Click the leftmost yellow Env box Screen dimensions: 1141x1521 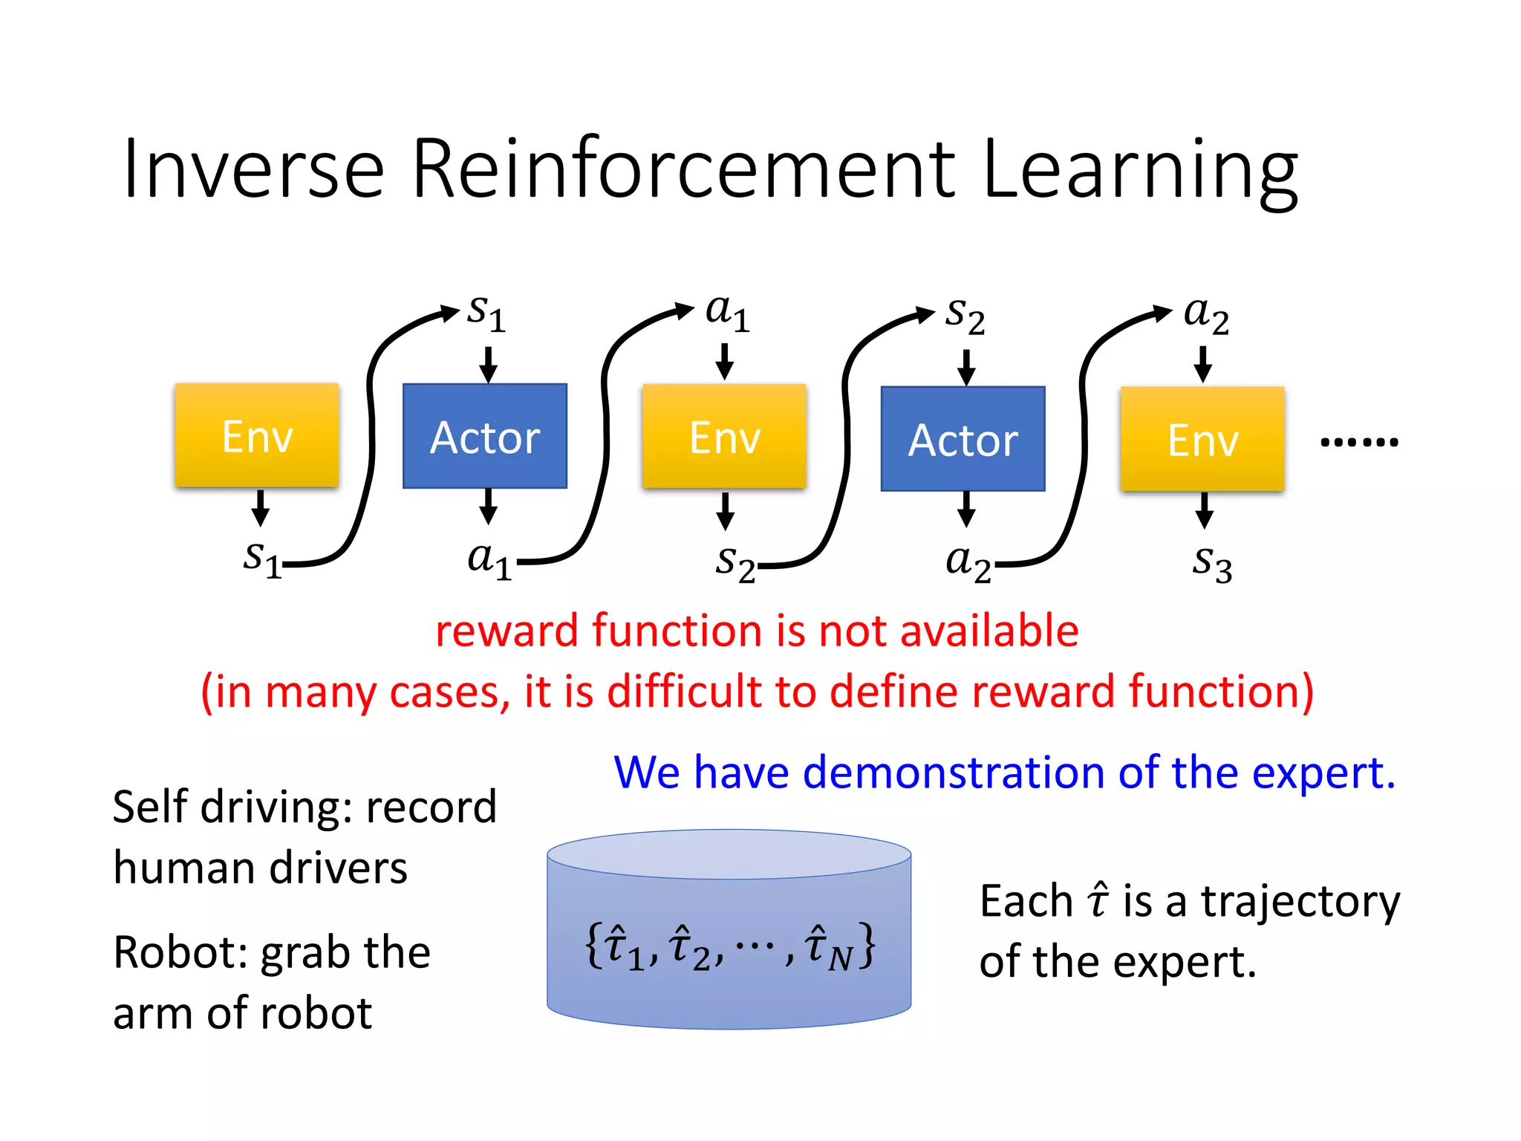tap(257, 436)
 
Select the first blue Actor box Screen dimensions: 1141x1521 tap(485, 437)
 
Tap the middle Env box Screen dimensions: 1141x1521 tap(724, 437)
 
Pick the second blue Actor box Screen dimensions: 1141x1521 tap(963, 439)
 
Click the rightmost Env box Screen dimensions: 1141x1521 tap(1202, 439)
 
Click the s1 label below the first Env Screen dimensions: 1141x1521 tap(262, 559)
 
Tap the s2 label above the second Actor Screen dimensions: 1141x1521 tap(965, 316)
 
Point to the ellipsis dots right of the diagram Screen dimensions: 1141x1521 tap(1359, 442)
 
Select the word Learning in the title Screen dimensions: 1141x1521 tap(1140, 171)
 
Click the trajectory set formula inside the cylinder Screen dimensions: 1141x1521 tap(730, 947)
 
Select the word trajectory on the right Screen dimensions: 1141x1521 tap(1300, 902)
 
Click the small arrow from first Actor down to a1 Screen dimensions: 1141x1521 tap(488, 507)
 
